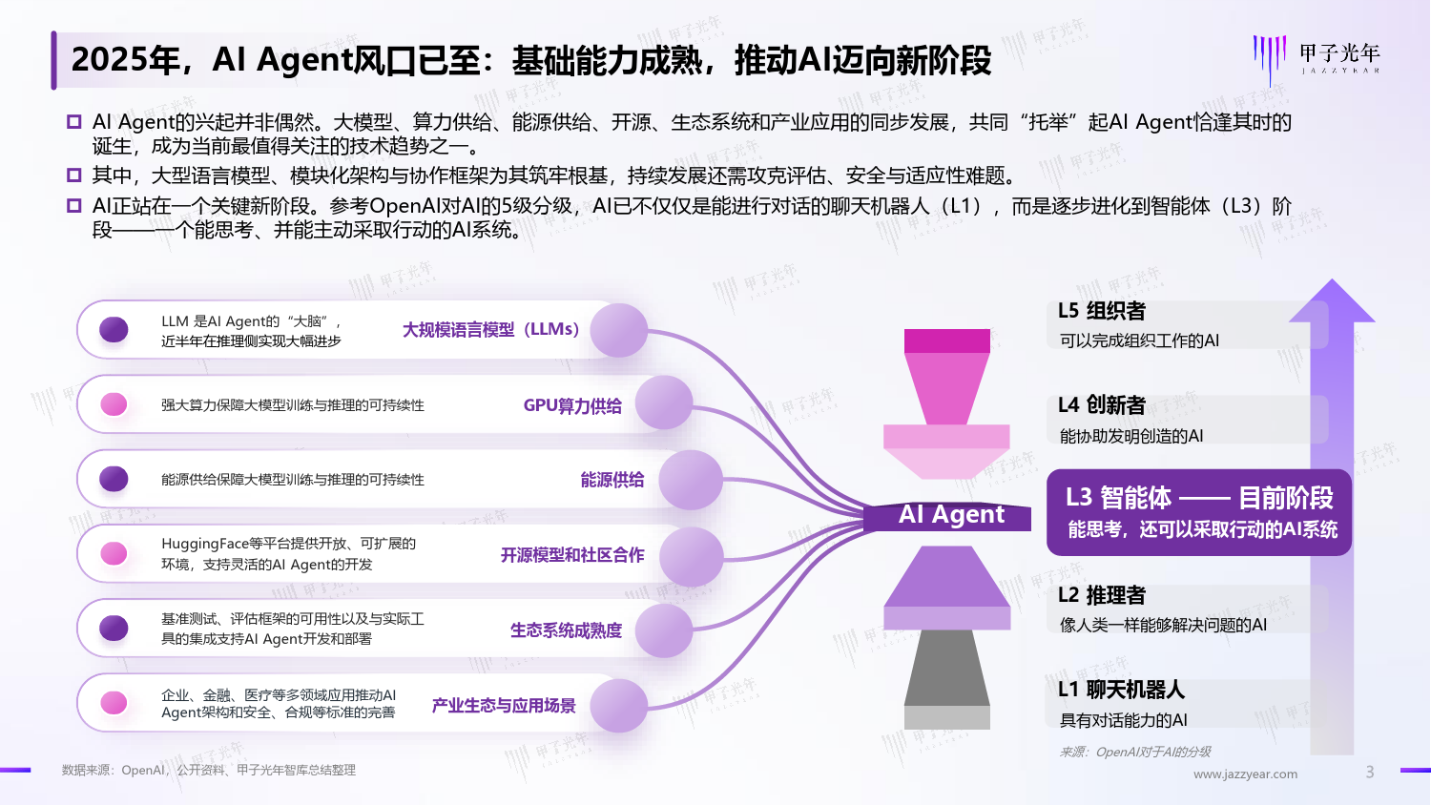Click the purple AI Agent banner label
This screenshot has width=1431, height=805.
(x=947, y=516)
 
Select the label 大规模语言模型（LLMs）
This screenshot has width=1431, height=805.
(x=490, y=330)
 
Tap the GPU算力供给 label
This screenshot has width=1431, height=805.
(x=572, y=405)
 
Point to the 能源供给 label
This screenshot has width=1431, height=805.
(x=612, y=480)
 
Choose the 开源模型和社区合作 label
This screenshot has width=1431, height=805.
(x=571, y=555)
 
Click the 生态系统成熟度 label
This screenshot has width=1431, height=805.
(x=566, y=630)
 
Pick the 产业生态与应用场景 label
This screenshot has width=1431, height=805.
(x=504, y=706)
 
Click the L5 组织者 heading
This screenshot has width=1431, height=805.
(x=1102, y=311)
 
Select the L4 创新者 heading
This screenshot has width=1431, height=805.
(x=1102, y=405)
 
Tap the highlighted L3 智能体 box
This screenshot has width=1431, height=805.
(x=1199, y=512)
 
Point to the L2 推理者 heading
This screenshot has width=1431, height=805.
(x=1102, y=595)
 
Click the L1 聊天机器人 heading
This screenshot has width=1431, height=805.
(x=1121, y=690)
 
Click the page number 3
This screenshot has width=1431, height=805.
(x=1370, y=773)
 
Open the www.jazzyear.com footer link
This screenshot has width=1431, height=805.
(x=1245, y=774)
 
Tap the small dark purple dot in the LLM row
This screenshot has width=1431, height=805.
(x=114, y=330)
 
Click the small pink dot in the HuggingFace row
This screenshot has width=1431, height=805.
(x=114, y=553)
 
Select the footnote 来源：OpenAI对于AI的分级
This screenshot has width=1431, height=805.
(x=1134, y=752)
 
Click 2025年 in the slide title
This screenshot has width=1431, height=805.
(x=125, y=60)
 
